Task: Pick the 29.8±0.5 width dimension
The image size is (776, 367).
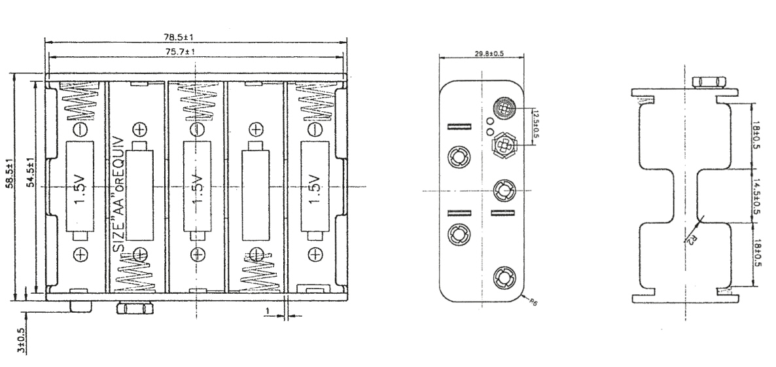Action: [x=489, y=54]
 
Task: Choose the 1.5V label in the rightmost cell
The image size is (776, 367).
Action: [x=315, y=189]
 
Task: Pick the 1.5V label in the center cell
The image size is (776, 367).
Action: [x=197, y=189]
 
